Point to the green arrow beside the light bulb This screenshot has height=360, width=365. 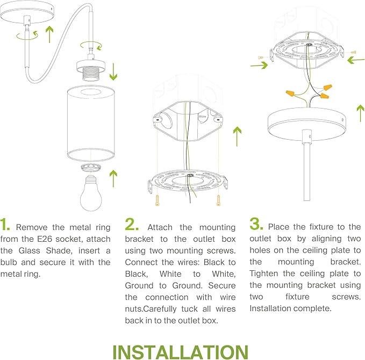pos(113,178)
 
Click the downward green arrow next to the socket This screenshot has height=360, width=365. pos(113,71)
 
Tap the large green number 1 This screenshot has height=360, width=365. pos(5,225)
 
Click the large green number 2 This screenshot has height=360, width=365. pos(132,225)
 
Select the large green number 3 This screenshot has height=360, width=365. pos(256,224)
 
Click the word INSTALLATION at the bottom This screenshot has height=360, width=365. pos(181,352)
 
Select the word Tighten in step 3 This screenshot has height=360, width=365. pos(264,273)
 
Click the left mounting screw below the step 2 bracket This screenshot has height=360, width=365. pos(157,200)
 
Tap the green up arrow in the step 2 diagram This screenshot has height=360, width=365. pos(237,136)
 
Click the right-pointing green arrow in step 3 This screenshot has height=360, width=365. pos(259,65)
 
